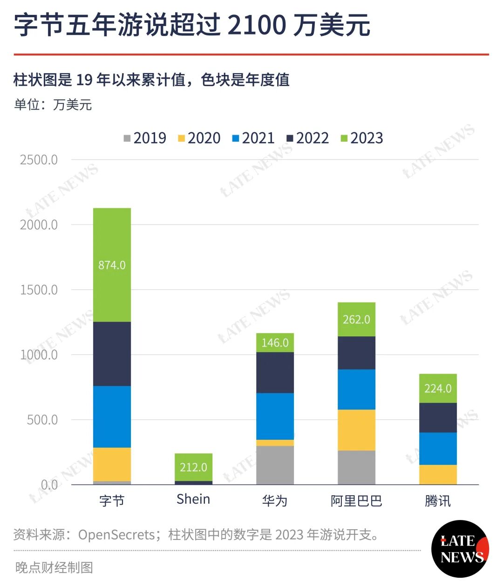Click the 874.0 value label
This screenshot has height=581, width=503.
point(112,265)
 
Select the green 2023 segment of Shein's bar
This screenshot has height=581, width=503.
point(193,467)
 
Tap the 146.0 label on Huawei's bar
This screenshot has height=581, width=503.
point(275,342)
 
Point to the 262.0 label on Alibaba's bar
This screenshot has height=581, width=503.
point(356,319)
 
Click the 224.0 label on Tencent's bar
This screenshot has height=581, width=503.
point(438,389)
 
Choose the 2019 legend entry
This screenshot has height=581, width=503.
point(145,138)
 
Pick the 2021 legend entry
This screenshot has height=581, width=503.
point(253,138)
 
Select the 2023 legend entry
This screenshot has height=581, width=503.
point(362,138)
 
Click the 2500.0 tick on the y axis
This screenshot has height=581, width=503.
point(39,160)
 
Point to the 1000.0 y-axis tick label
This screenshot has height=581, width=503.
point(39,355)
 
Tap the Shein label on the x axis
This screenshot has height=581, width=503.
point(193,499)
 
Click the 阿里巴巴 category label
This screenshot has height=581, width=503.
point(356,500)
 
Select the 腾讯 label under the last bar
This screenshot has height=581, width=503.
point(438,500)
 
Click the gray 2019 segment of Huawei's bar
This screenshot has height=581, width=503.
point(275,465)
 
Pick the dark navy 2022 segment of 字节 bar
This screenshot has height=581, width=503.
point(112,354)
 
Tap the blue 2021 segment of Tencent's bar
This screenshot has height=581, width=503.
point(438,449)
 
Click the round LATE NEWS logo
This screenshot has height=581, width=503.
point(460,549)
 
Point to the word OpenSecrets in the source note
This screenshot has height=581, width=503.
point(116,534)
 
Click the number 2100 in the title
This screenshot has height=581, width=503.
point(257,25)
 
